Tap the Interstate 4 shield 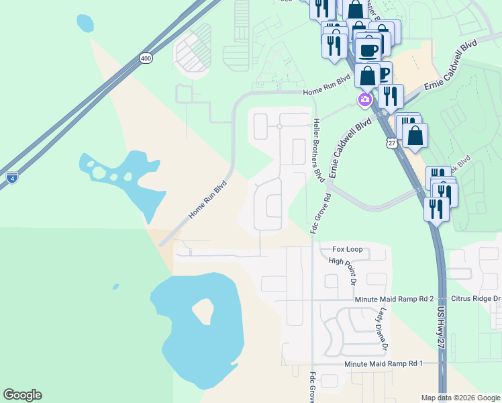click(12, 178)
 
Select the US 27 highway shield click(392, 142)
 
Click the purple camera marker click(365, 100)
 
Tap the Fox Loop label click(347, 250)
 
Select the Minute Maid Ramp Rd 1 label click(384, 363)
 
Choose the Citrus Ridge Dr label click(478, 298)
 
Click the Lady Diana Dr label click(382, 330)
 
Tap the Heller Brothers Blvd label click(318, 149)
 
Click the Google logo click(22, 395)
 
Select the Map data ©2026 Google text click(460, 398)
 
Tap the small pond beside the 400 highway click(85, 24)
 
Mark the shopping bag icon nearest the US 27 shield click(415, 135)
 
